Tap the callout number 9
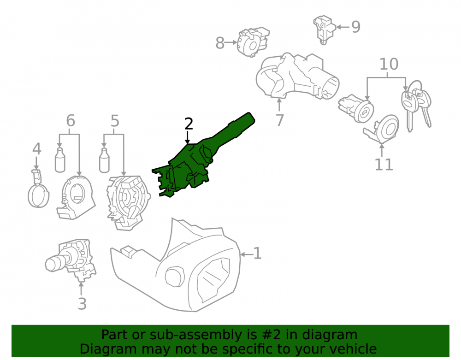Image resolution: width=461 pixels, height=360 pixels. [356, 27]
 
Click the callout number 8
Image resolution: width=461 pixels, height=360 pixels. [220, 43]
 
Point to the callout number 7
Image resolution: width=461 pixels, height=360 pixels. [280, 120]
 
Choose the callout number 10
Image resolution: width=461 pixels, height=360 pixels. [389, 64]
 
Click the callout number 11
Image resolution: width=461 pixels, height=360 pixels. [384, 165]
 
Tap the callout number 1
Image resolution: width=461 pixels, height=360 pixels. [258, 254]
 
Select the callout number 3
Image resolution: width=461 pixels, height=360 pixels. [82, 304]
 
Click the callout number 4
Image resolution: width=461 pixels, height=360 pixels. [36, 149]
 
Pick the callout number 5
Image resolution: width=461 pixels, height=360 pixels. [115, 121]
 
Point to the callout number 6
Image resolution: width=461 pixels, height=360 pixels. [71, 120]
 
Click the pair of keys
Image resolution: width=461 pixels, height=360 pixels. [416, 105]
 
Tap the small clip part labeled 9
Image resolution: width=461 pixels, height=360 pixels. [324, 30]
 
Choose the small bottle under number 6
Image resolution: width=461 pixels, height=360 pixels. [60, 160]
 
